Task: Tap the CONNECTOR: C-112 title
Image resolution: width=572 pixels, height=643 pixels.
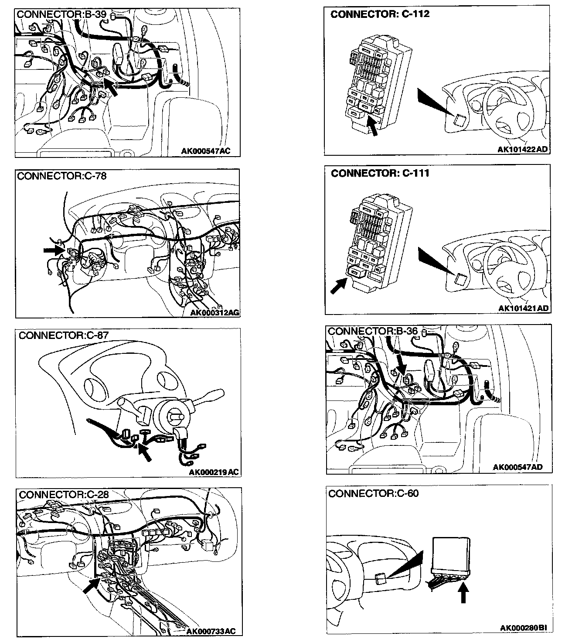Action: tap(380, 14)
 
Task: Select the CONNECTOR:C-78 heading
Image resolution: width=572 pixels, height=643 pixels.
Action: tap(61, 176)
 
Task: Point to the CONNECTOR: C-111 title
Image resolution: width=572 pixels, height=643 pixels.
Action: tap(380, 173)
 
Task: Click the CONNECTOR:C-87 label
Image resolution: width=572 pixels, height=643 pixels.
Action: tap(63, 335)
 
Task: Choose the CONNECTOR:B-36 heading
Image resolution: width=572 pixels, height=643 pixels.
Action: tap(373, 331)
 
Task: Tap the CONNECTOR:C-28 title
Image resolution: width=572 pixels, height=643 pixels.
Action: tap(64, 494)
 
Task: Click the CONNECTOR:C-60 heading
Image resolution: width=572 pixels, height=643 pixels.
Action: tap(373, 493)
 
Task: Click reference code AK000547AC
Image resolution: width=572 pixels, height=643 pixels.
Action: tap(205, 151)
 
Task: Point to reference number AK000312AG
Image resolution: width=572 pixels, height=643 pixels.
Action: tap(215, 312)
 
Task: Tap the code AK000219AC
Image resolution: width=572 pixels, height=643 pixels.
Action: tap(214, 472)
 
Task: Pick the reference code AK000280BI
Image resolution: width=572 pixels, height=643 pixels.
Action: tap(523, 628)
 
